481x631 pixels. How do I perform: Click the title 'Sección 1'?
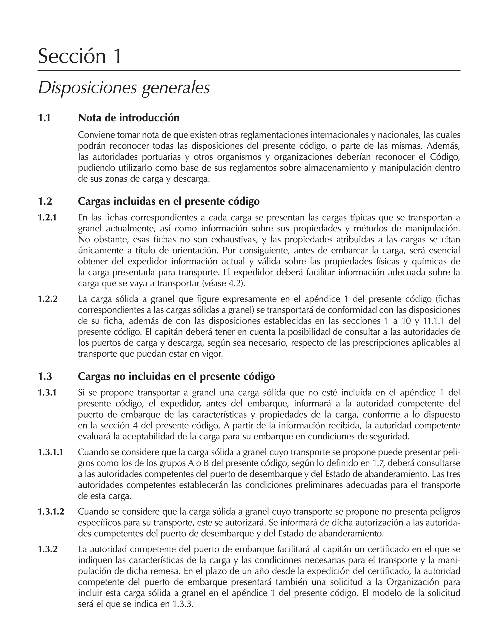(80, 56)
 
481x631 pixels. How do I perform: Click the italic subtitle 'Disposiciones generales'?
(124, 88)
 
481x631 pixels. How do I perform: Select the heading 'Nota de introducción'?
(129, 118)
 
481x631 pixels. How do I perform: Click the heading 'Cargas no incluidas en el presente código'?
(176, 376)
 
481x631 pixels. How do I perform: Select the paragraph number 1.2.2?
(48, 299)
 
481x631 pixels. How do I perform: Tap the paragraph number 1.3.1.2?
(51, 512)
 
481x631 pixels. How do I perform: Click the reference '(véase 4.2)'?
(224, 283)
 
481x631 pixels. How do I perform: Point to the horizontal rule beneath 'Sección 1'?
(248, 70)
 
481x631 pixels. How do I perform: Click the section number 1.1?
(44, 118)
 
